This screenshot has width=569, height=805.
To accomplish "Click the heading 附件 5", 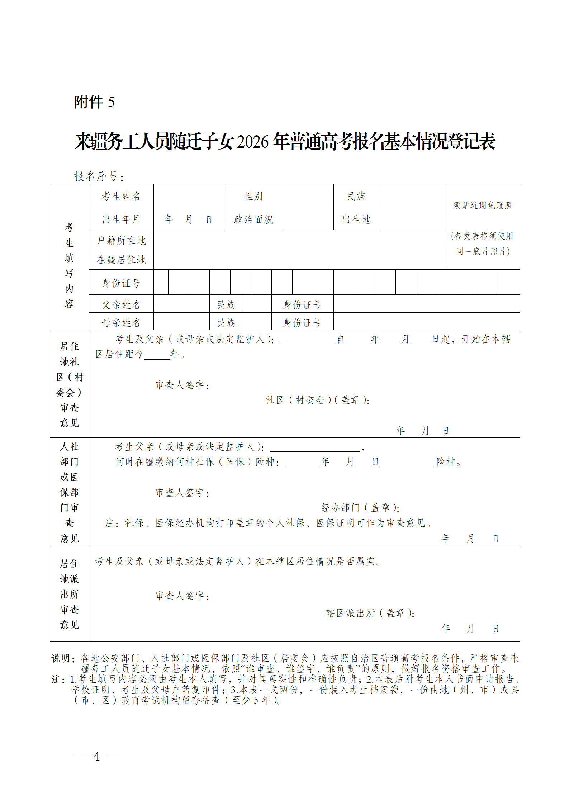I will [x=94, y=102].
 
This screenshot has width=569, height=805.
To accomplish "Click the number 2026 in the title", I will [x=252, y=142].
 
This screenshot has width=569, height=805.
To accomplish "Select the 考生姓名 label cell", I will [x=121, y=196].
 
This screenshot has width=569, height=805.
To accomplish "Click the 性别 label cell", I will [x=253, y=196].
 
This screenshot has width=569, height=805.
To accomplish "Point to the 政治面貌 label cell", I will [x=253, y=219].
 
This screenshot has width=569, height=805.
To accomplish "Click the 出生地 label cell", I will [x=356, y=219].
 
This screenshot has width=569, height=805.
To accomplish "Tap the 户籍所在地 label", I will [x=121, y=240].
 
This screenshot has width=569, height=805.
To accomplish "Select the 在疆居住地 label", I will [x=121, y=260].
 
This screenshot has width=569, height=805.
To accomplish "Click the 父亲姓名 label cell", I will [x=121, y=305].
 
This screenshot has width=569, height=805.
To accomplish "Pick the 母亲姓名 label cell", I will [x=121, y=323].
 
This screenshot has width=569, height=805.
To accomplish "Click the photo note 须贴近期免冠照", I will [x=483, y=205].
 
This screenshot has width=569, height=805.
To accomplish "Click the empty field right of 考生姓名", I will [x=189, y=196].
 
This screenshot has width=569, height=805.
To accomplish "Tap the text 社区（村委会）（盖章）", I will [x=317, y=400].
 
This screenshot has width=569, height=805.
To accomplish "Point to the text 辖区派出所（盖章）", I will [x=370, y=613].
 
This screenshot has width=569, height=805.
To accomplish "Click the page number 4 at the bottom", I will [x=96, y=756].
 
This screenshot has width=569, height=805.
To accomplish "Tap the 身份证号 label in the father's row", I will [x=302, y=305].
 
